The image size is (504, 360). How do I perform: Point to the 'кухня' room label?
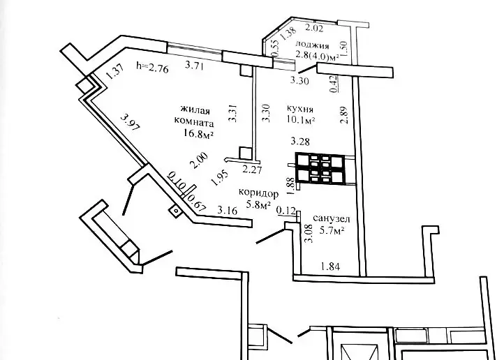tap(299, 109)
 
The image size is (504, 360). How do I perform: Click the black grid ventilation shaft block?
tap(320, 167)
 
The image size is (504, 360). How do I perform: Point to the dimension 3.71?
tap(194, 67)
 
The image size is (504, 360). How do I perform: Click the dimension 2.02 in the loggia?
tap(316, 29)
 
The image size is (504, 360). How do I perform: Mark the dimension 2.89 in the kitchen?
tap(343, 114)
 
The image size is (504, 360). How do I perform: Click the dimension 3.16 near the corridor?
tap(226, 209)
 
